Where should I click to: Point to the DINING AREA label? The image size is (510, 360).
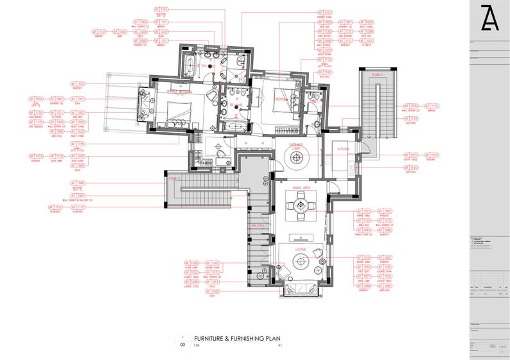[x=301, y=187]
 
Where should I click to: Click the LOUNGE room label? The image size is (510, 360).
[x=300, y=249]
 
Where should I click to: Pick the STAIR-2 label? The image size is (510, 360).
[x=172, y=178]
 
